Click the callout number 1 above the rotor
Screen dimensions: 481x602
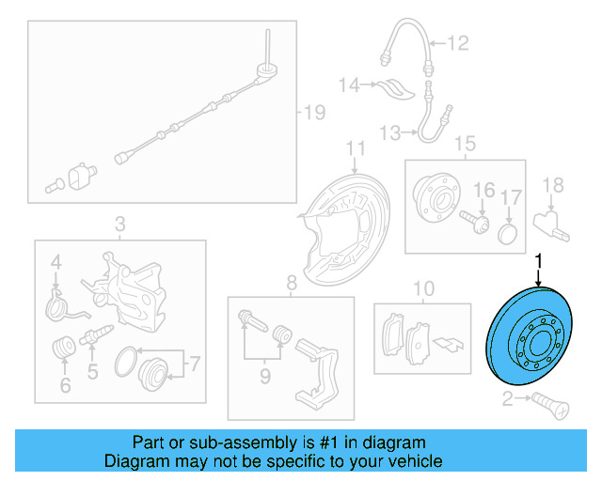539,260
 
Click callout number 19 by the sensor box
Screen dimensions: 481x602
313,114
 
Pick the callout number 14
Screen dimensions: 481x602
349,85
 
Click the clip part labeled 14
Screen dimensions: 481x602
391,89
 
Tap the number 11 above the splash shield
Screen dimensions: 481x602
354,148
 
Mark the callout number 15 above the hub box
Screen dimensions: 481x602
466,144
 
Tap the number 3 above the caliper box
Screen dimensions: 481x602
119,225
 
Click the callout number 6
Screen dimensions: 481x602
64,385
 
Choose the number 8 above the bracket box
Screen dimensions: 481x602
292,281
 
